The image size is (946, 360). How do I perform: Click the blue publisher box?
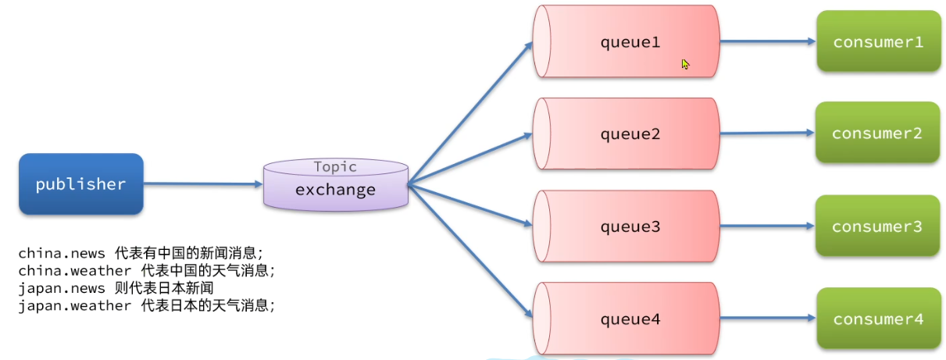[80, 184]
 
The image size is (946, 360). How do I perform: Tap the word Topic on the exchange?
[335, 166]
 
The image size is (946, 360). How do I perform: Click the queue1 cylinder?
[628, 42]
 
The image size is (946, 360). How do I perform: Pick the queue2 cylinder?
[628, 134]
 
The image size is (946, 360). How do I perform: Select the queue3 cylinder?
[628, 226]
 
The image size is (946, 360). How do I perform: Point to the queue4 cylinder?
[628, 319]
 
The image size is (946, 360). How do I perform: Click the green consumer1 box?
[878, 42]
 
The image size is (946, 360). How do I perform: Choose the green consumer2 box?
[876, 134]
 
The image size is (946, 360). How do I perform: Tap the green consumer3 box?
[876, 226]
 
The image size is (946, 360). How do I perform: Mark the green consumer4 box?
[878, 319]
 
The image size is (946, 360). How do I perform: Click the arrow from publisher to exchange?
[203, 184]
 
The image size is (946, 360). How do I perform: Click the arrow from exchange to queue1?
[469, 113]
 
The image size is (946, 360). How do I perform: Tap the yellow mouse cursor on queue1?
[685, 64]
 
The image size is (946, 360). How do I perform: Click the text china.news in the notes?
[62, 254]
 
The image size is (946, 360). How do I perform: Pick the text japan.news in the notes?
[62, 288]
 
